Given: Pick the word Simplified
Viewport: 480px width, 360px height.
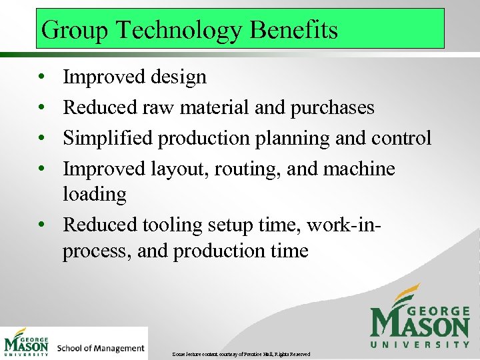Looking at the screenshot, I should point(107,138).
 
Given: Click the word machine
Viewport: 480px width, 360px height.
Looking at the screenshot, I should point(359,169).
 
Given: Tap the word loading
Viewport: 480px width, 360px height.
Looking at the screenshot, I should point(94,194).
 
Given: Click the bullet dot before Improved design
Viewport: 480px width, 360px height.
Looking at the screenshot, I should point(41,78).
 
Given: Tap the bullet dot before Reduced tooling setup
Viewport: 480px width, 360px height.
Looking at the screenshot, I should point(41,225).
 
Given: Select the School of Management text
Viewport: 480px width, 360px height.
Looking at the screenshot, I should point(101,347).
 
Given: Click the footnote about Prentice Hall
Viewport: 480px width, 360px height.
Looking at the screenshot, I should point(241,353).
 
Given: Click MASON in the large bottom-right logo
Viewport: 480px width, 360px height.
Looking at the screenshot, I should point(420,325).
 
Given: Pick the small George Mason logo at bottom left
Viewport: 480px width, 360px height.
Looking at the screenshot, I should point(27,343).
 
